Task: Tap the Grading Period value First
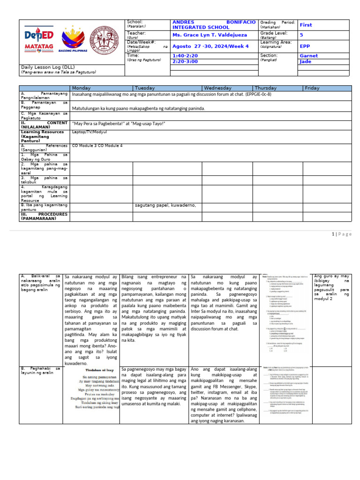click(306, 25)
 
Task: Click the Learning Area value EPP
click(305, 46)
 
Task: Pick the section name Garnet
click(308, 56)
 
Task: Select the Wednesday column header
click(217, 88)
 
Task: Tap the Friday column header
click(312, 88)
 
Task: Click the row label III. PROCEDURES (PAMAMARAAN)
click(44, 216)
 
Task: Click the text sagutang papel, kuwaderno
click(165, 205)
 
